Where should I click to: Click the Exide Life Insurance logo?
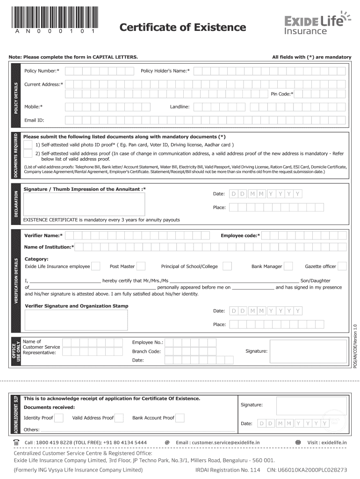pos(317,23)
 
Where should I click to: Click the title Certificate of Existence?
pos(182,28)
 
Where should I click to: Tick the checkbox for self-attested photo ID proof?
pos(28,145)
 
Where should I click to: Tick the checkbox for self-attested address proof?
pos(28,153)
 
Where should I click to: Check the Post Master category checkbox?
pos(141,266)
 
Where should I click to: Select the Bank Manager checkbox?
pos(288,266)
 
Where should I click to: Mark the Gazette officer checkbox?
pos(342,266)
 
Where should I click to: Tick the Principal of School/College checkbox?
pos(227,266)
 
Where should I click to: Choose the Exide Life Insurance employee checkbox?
pos(96,266)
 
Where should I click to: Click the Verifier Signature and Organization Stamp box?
pos(76,320)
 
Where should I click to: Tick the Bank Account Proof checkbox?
pos(180,418)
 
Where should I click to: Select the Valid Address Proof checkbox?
pos(119,418)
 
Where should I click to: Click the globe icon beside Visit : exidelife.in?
pos(298,442)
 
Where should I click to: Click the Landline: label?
pos(180,107)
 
